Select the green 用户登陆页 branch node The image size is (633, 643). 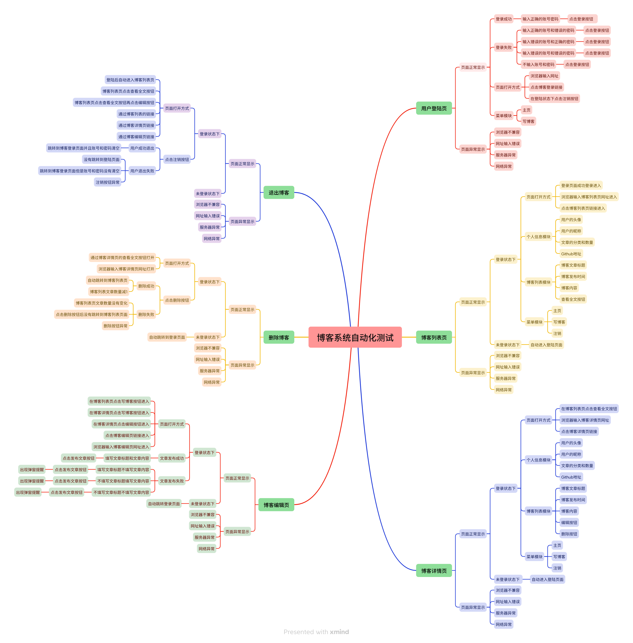click(x=434, y=108)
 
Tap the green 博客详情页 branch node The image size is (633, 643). click(x=434, y=571)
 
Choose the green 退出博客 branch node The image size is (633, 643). click(x=279, y=192)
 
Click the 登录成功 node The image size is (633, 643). click(x=503, y=19)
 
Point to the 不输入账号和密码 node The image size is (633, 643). click(x=538, y=64)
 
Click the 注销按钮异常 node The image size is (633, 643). click(x=107, y=182)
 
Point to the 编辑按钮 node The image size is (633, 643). click(x=569, y=522)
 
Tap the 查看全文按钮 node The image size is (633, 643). click(x=573, y=299)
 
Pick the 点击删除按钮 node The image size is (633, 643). click(x=177, y=300)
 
